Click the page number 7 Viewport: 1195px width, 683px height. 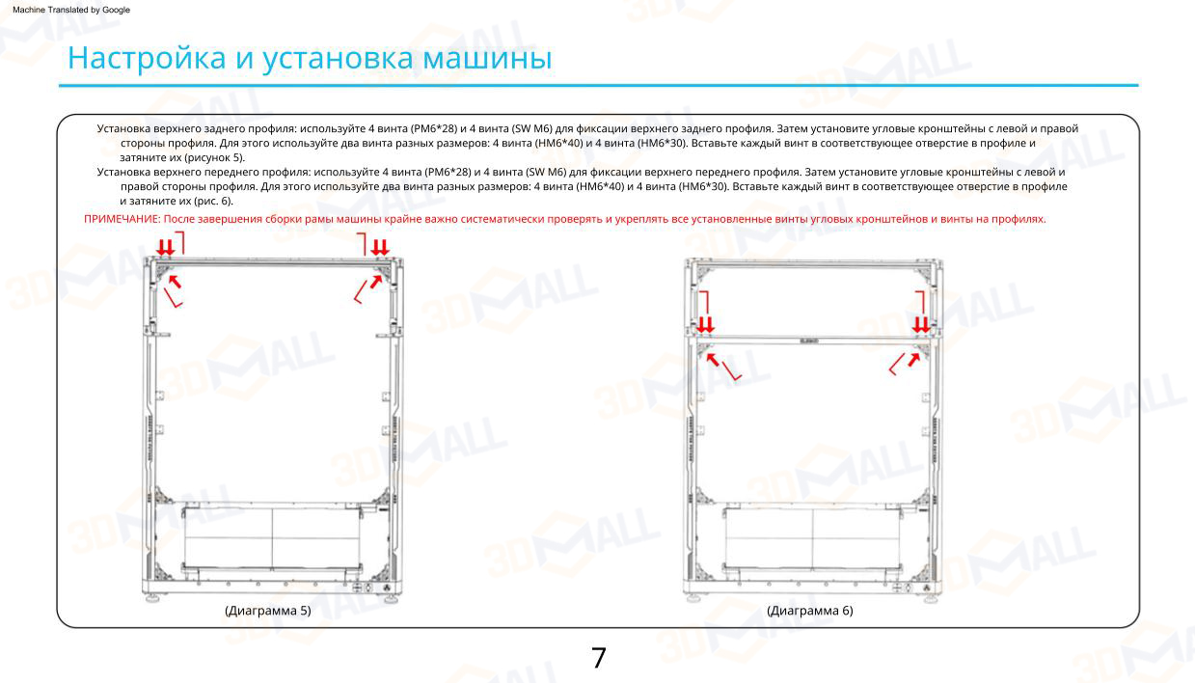pos(598,658)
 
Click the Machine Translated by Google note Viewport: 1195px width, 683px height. pos(71,10)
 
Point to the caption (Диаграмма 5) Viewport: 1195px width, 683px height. pos(267,611)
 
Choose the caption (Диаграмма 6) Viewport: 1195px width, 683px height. pos(809,611)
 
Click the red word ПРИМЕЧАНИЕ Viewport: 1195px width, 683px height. pos(121,220)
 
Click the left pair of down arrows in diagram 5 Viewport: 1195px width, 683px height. pos(166,248)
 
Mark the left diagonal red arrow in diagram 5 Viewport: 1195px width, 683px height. pos(174,282)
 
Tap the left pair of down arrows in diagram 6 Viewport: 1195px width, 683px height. pos(706,324)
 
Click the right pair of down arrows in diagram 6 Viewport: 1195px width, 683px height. pos(922,324)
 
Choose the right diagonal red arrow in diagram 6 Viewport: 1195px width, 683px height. pos(912,358)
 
